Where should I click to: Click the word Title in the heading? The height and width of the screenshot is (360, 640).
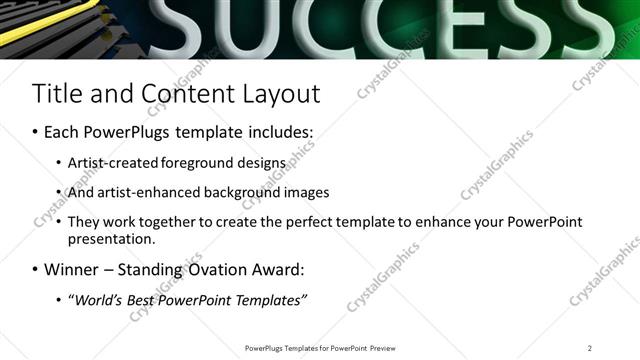59,94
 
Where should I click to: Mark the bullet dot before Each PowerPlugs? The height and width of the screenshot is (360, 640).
36,132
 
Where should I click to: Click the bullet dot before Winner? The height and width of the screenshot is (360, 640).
36,270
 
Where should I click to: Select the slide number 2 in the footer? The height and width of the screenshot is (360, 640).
590,348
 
